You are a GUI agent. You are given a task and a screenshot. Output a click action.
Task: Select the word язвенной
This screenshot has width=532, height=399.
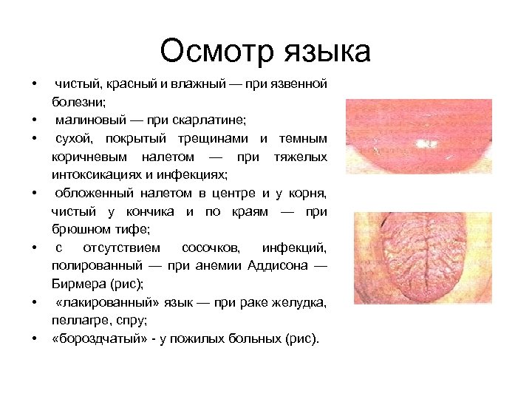[296, 85]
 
